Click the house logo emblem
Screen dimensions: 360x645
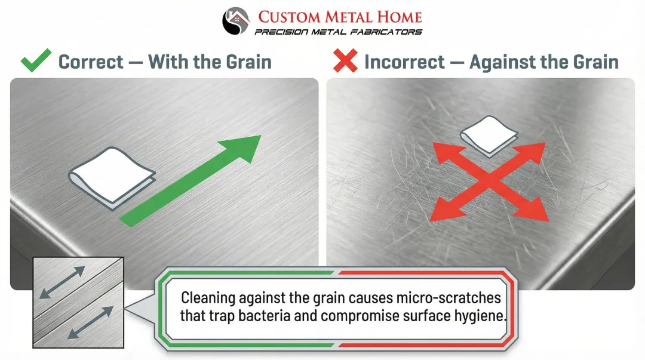pos(235,21)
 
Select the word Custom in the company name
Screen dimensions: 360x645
pos(290,17)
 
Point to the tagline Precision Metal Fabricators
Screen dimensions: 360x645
pos(339,32)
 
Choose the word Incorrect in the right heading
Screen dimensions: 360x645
pos(405,61)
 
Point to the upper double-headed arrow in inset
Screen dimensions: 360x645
pos(62,282)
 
